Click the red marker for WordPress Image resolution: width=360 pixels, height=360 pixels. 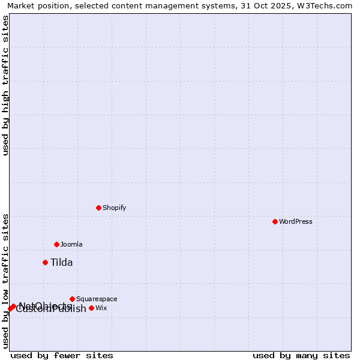pos(275,221)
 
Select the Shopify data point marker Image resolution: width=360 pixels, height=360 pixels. pos(98,208)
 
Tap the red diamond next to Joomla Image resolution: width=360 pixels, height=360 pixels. pos(56,244)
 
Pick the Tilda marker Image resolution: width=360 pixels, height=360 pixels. pos(45,262)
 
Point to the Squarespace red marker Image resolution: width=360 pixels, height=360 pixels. pos(72,299)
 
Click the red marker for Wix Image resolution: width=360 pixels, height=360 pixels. pos(91,308)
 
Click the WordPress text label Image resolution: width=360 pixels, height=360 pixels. pos(295,221)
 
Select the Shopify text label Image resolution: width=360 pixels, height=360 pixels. pos(114,208)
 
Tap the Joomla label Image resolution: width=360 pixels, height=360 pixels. pos(71,244)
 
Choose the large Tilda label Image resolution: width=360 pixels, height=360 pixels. pos(61,262)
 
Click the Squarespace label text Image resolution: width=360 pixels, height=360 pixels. pos(97,299)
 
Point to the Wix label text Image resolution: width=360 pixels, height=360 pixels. pos(101,308)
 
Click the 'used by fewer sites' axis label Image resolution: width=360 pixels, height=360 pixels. pos(62,356)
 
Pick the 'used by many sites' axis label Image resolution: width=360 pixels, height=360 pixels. pos(301,356)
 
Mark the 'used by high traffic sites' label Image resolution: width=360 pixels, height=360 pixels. pos(6,85)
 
